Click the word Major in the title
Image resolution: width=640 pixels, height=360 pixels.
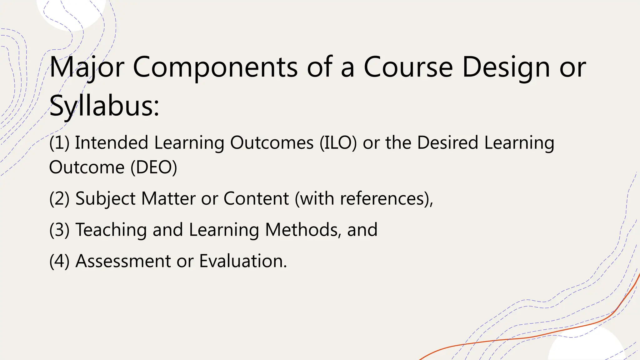87,67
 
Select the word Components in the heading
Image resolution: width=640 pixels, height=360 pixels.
215,67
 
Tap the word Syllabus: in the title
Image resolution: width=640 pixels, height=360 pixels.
104,106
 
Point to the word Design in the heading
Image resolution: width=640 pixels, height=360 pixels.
506,67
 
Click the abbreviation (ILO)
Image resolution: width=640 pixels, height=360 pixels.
338,143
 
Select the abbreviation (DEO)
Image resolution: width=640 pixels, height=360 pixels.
153,167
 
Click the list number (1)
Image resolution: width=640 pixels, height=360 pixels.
59,143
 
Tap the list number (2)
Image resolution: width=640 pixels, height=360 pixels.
59,199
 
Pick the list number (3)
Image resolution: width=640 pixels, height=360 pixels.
59,230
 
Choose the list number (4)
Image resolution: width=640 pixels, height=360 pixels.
59,261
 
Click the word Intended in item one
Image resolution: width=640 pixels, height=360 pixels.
111,143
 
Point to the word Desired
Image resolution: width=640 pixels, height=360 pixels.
447,143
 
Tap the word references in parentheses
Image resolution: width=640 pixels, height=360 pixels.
381,199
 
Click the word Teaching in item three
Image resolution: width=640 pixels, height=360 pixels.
111,230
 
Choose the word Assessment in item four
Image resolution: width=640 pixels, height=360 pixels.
123,261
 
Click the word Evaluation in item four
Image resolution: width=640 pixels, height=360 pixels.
243,261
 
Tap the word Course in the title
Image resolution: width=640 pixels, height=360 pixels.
408,67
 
